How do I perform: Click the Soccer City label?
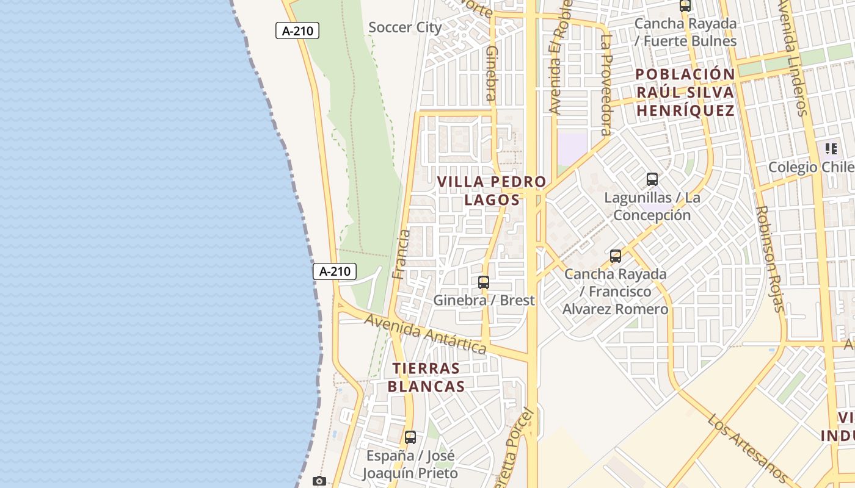click(405, 27)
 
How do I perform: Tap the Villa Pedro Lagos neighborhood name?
click(492, 190)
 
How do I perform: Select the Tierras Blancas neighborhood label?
click(426, 377)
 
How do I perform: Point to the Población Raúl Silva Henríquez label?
click(685, 92)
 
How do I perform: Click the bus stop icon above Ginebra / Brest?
click(484, 282)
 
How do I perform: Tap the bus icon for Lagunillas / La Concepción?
click(652, 179)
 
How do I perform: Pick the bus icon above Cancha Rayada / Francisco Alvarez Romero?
click(616, 256)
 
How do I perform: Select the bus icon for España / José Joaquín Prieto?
click(410, 437)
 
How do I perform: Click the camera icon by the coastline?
click(319, 481)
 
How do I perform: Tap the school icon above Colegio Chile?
click(831, 148)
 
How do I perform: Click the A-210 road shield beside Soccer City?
click(297, 30)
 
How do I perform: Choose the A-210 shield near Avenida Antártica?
click(335, 271)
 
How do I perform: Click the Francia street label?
click(401, 254)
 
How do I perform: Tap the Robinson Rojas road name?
click(770, 259)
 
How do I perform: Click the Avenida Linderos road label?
click(792, 58)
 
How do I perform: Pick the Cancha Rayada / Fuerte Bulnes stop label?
click(685, 32)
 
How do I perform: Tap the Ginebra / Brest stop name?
click(484, 300)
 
